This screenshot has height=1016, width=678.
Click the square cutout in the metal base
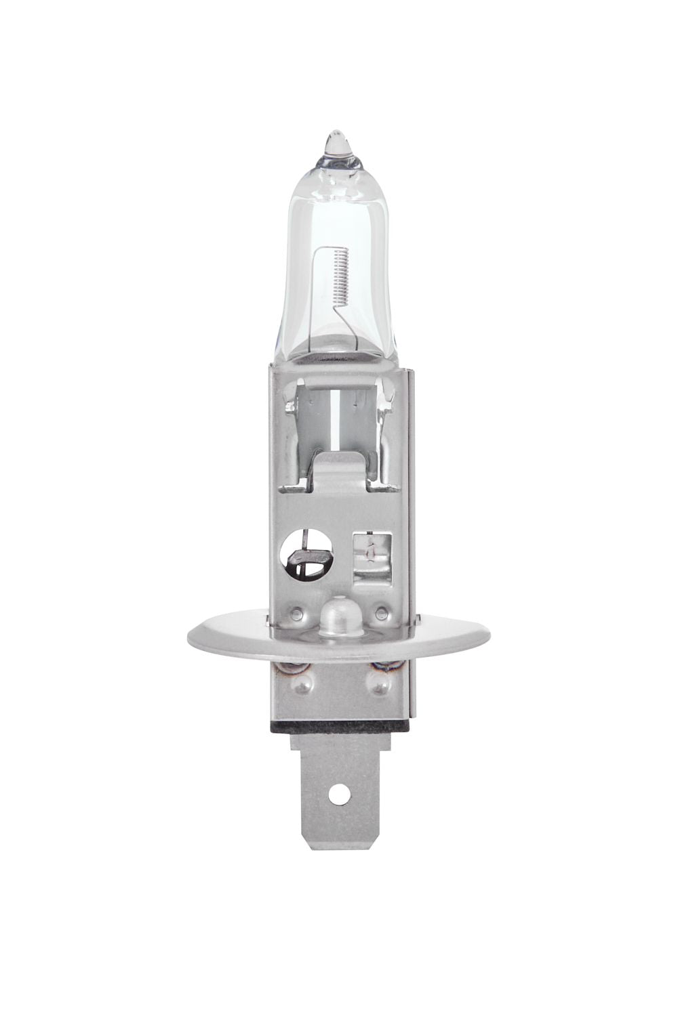372,543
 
